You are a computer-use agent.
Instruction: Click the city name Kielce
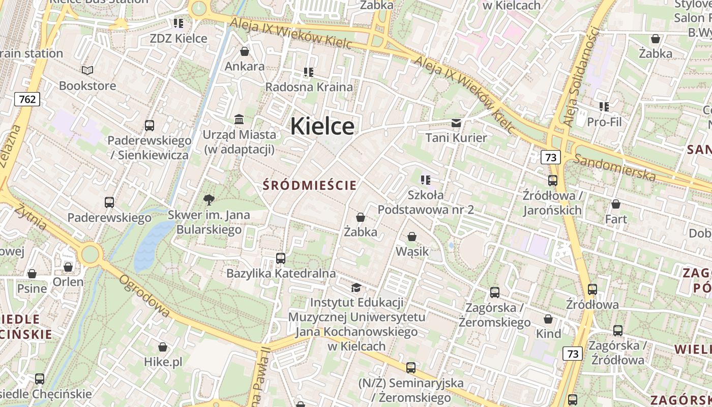pyautogui.click(x=322, y=126)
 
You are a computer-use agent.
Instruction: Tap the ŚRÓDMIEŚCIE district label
pyautogui.click(x=310, y=186)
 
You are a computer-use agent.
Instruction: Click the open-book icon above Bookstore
pyautogui.click(x=87, y=70)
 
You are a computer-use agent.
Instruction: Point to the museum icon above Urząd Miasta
pyautogui.click(x=239, y=119)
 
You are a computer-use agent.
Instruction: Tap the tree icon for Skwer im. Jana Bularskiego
pyautogui.click(x=209, y=199)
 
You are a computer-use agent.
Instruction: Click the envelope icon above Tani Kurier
pyautogui.click(x=456, y=123)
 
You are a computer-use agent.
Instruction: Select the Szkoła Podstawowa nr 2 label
pyautogui.click(x=426, y=202)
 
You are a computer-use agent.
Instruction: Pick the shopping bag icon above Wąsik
pyautogui.click(x=411, y=237)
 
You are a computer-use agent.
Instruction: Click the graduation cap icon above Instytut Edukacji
pyautogui.click(x=356, y=288)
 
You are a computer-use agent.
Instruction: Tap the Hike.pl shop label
pyautogui.click(x=163, y=362)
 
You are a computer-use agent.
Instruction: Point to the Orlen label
pyautogui.click(x=68, y=281)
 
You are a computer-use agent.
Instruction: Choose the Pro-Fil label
pyautogui.click(x=604, y=122)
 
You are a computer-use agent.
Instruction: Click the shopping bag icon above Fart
pyautogui.click(x=615, y=204)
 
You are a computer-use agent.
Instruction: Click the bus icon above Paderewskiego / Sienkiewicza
pyautogui.click(x=149, y=125)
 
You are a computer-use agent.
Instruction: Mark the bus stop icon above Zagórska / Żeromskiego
pyautogui.click(x=494, y=293)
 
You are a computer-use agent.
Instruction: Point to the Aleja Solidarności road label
pyautogui.click(x=579, y=76)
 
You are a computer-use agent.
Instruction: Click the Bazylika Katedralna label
pyautogui.click(x=281, y=273)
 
